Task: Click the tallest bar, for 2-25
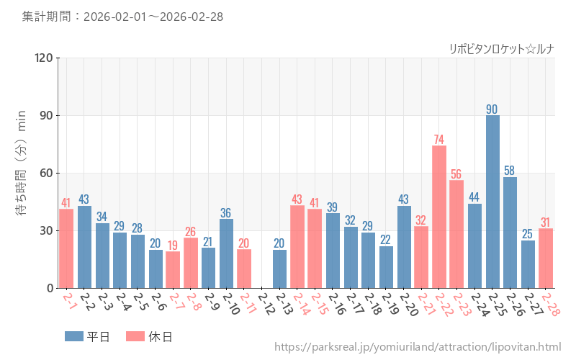click(492, 202)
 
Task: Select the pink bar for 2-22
click(439, 217)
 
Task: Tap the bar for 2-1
click(66, 248)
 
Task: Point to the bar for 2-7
click(173, 269)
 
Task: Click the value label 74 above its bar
click(439, 139)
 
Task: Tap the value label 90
click(492, 109)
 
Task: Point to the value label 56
click(456, 174)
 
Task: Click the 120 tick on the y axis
click(44, 58)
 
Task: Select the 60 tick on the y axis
click(47, 173)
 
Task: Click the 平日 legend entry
click(86, 336)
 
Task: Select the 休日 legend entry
click(148, 336)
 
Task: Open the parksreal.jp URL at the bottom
click(418, 348)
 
